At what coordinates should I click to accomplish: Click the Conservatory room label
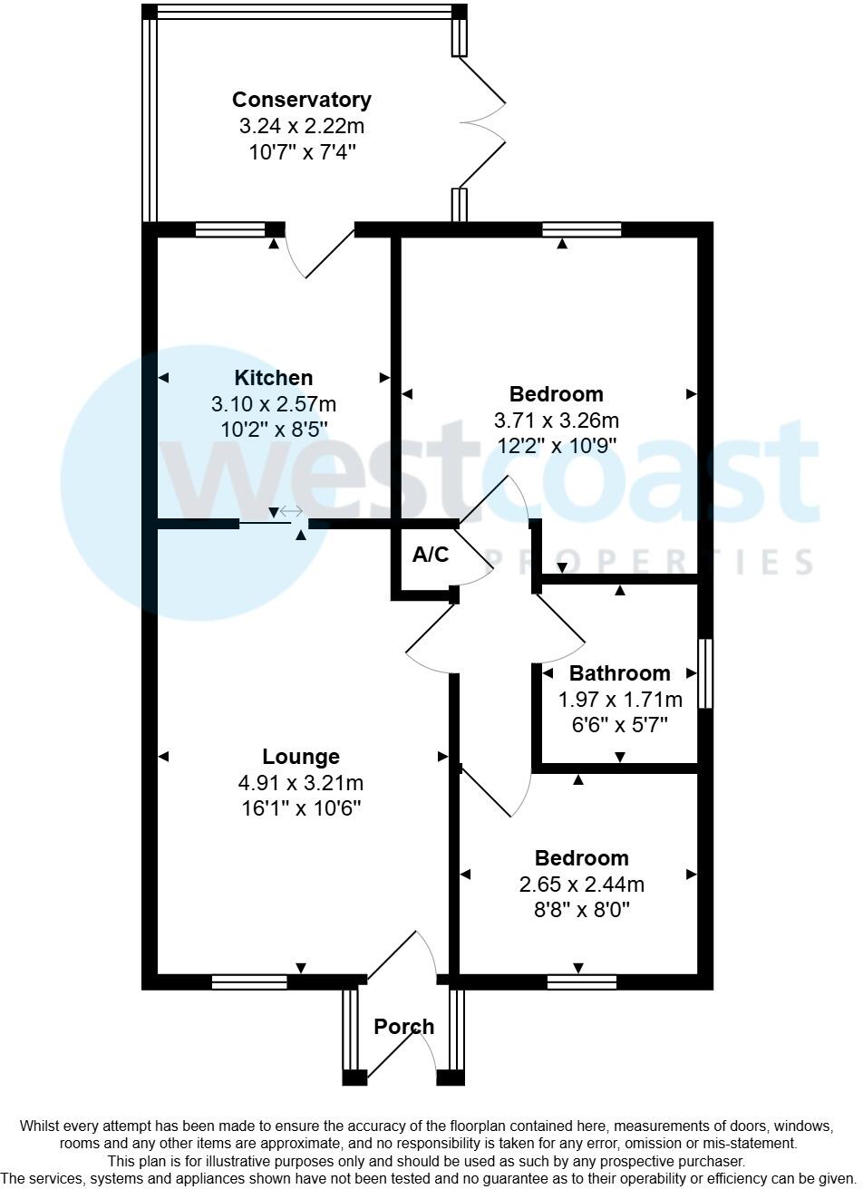coord(302,100)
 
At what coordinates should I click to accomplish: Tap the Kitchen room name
coord(273,378)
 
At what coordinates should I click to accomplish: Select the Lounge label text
coord(301,757)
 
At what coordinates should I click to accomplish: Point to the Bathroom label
coord(620,673)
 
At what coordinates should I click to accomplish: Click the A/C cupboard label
coord(431,555)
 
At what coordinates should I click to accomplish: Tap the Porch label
coord(404,1027)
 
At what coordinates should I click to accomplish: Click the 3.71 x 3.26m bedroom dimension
coord(557,420)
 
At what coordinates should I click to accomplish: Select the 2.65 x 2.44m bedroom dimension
coord(582,884)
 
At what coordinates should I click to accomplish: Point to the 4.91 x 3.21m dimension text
coord(301,783)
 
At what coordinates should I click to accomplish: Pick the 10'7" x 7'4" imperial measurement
coord(302,151)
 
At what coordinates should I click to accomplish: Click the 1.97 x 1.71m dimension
coord(620,700)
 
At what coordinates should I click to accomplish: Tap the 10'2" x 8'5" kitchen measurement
coord(273,429)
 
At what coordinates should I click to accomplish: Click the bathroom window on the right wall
coord(704,673)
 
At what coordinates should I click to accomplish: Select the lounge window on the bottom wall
coord(249,981)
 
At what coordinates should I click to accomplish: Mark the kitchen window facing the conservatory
coord(230,229)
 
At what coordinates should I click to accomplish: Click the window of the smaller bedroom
coord(582,981)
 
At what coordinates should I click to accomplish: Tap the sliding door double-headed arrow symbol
coord(291,513)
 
